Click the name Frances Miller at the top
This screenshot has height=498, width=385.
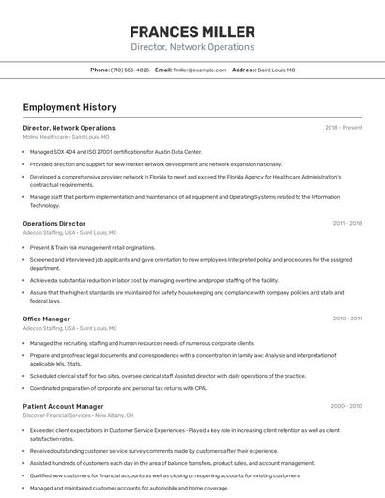192,32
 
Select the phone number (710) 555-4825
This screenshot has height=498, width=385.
130,70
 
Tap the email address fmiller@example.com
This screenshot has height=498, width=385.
200,70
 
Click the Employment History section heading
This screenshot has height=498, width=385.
69,107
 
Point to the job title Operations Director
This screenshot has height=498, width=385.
54,224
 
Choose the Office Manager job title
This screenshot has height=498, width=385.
47,319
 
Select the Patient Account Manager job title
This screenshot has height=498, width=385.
63,407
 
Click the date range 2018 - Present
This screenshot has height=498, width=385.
343,128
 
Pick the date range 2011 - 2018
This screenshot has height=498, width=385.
346,224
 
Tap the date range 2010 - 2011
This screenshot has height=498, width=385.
346,319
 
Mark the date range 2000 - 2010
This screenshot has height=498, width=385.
346,407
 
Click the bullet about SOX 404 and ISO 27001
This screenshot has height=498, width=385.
115,151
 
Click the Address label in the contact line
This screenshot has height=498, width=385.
243,70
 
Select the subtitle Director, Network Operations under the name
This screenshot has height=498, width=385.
192,47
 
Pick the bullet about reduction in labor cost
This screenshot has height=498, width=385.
154,280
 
